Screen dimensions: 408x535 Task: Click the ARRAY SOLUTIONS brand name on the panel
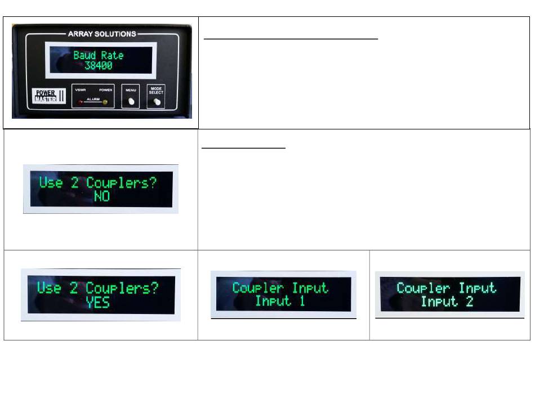pos(101,34)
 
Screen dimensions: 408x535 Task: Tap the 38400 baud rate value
pos(98,66)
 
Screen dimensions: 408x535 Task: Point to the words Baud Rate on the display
pos(98,55)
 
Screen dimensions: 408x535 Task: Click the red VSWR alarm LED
pos(81,102)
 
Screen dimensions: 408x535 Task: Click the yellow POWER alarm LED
pos(105,102)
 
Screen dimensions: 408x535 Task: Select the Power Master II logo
pos(47,96)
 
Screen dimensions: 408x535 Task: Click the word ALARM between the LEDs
pos(93,98)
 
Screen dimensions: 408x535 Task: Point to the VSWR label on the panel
pos(81,89)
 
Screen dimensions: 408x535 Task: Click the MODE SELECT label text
pos(156,91)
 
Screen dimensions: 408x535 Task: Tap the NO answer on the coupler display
pos(101,196)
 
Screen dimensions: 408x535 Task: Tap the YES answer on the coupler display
pos(98,303)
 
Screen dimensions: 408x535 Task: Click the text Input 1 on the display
pos(280,301)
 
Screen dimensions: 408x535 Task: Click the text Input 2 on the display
pos(447,302)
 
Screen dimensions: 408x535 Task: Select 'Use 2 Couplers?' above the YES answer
pos(98,288)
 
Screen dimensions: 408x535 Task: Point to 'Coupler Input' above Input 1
pos(280,288)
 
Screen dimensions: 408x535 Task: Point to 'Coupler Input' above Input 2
pos(447,288)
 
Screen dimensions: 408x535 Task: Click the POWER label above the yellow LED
pos(105,89)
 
